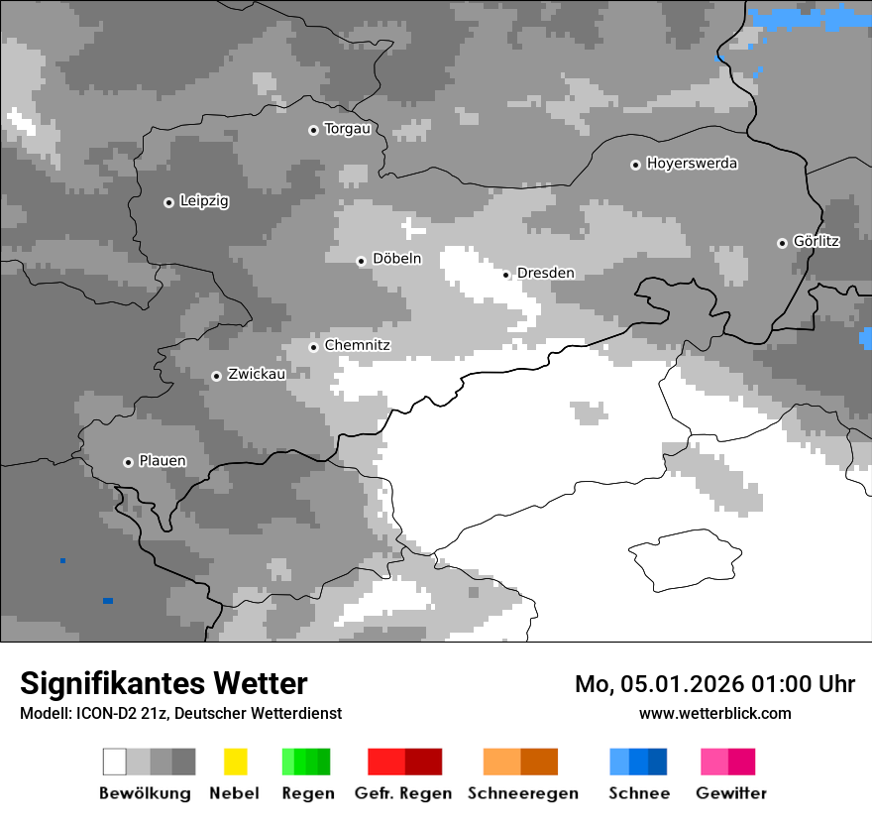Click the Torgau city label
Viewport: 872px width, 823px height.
(x=347, y=129)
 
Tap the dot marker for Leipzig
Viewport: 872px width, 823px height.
(x=168, y=202)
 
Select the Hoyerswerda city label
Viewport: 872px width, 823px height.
(x=692, y=164)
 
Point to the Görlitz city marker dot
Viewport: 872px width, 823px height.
(x=782, y=243)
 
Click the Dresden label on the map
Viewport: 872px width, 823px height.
(x=545, y=274)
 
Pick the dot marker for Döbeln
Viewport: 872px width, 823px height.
(x=361, y=261)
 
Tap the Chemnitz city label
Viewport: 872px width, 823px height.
(x=357, y=346)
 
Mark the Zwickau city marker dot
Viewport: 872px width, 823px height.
(x=216, y=376)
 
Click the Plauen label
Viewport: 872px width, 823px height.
(x=162, y=461)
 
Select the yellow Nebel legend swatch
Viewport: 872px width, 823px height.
(x=235, y=762)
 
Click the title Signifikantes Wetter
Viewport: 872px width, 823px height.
(x=163, y=683)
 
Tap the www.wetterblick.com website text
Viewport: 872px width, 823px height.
(x=715, y=713)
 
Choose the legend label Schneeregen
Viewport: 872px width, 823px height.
(x=523, y=793)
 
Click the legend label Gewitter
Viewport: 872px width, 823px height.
(x=731, y=793)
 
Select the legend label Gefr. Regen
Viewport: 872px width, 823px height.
(x=403, y=793)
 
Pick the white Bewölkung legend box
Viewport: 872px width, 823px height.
(x=115, y=762)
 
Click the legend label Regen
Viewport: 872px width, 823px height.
(x=306, y=793)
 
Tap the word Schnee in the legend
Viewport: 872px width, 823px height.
(x=639, y=793)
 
